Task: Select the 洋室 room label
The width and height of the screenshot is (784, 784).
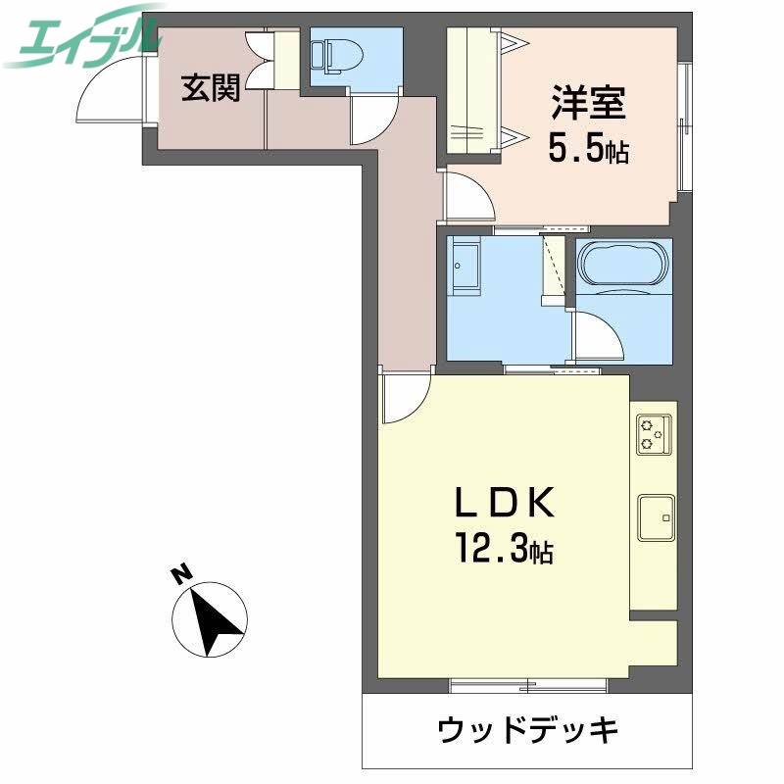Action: [x=588, y=102]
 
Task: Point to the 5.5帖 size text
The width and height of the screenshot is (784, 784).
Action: [x=588, y=151]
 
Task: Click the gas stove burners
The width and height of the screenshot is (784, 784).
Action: [x=654, y=435]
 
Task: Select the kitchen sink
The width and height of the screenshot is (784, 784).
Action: [x=654, y=516]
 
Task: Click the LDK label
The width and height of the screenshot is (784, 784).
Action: [x=506, y=504]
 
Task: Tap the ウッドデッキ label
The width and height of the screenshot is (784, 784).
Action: [x=528, y=730]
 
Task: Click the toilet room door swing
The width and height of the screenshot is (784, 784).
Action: [x=372, y=123]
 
